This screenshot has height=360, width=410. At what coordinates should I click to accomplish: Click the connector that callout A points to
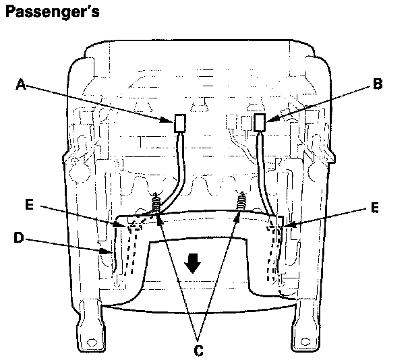(x=180, y=123)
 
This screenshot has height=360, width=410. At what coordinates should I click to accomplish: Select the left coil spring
(x=156, y=204)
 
